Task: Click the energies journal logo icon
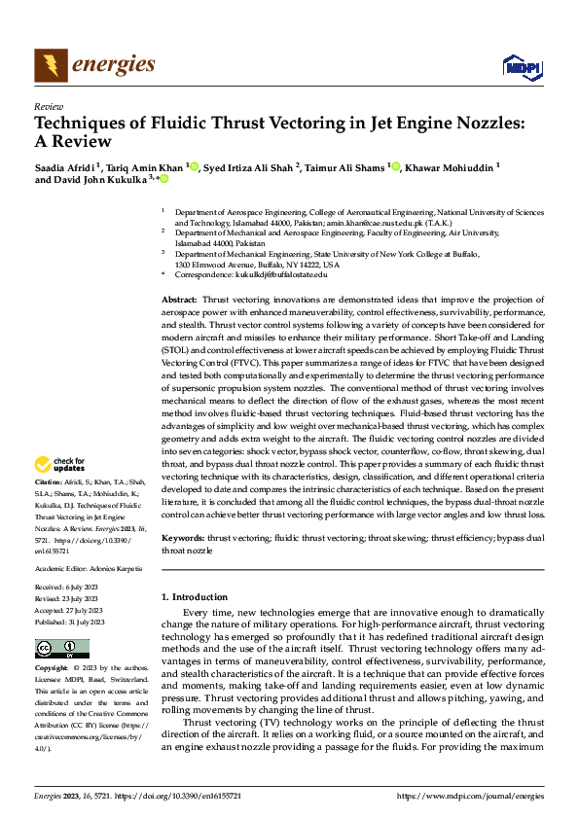[x=51, y=65]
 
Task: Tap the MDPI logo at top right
[x=521, y=66]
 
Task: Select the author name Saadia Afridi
[x=64, y=166]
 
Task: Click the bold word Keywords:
[x=182, y=537]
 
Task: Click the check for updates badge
[x=60, y=463]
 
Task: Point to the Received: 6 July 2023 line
[x=66, y=588]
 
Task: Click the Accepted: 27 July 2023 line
[x=68, y=609]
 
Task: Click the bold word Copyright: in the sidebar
[x=53, y=669]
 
